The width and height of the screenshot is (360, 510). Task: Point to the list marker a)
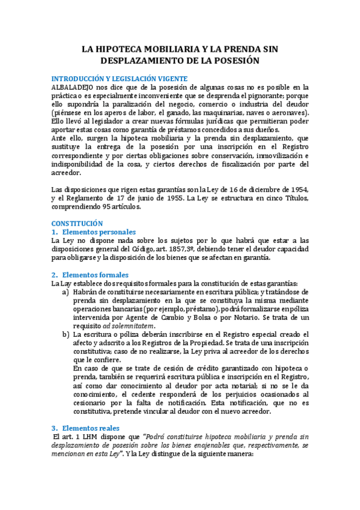point(65,292)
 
